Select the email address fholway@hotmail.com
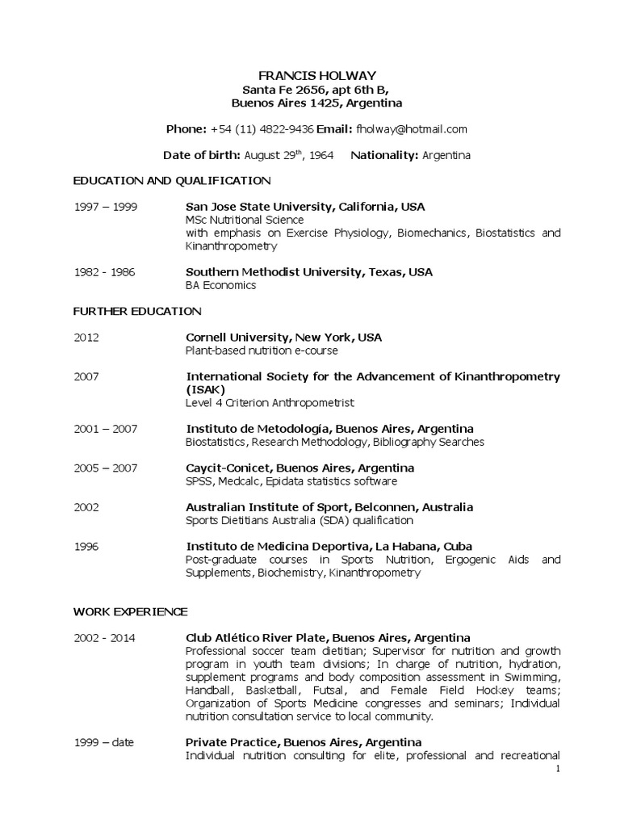(x=411, y=129)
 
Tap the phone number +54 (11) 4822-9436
(x=262, y=129)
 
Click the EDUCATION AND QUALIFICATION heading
(x=172, y=180)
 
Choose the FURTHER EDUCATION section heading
(x=137, y=311)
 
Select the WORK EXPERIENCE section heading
(x=130, y=611)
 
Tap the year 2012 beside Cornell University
(x=86, y=338)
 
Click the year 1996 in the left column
(x=86, y=547)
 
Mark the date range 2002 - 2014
(x=105, y=638)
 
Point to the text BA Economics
(x=220, y=285)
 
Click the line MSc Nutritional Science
(x=245, y=220)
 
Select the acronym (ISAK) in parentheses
(x=205, y=389)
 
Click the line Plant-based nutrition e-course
(x=262, y=351)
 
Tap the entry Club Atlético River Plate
(x=328, y=638)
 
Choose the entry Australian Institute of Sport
(x=329, y=507)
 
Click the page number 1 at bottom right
(x=557, y=769)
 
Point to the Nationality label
(x=383, y=155)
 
